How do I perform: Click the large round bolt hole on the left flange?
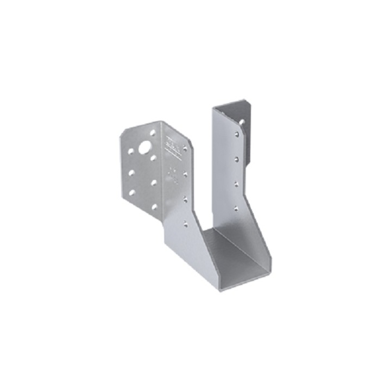coord(145,147)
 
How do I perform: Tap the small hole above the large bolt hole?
coord(153,133)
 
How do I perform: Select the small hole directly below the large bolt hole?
coord(154,159)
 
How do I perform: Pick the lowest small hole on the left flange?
coord(154,206)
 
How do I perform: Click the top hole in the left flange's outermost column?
coord(131,152)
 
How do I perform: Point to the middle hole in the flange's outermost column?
coord(131,172)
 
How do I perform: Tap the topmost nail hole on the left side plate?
coord(185,148)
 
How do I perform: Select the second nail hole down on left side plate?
coord(185,174)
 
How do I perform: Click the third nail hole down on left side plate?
coord(185,199)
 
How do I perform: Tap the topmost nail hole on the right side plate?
coord(236,133)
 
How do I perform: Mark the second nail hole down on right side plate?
coord(236,159)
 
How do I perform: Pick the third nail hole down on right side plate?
coord(236,184)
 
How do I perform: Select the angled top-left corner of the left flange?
coord(122,133)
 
